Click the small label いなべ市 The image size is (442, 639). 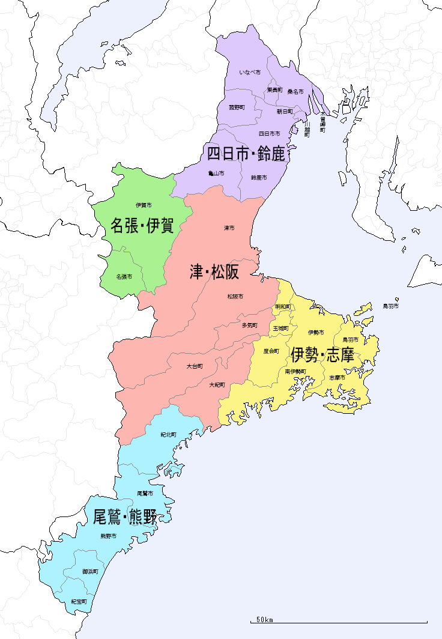[x=250, y=73]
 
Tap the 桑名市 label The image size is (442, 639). [x=295, y=92]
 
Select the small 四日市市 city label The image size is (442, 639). [x=270, y=133]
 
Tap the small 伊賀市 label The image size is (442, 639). [x=144, y=205]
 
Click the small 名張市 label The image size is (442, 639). [x=124, y=277]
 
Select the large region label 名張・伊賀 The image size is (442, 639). [x=142, y=226]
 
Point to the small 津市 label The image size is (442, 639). [x=229, y=228]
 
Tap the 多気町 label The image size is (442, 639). [x=250, y=326]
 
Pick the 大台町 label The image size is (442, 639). [x=195, y=366]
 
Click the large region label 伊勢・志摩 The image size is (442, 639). [x=322, y=356]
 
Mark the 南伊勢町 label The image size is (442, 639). [x=295, y=372]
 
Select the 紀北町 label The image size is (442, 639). [x=168, y=435]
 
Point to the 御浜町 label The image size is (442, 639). [x=90, y=572]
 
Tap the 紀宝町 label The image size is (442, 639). [x=79, y=601]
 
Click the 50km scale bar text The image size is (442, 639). [x=265, y=619]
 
